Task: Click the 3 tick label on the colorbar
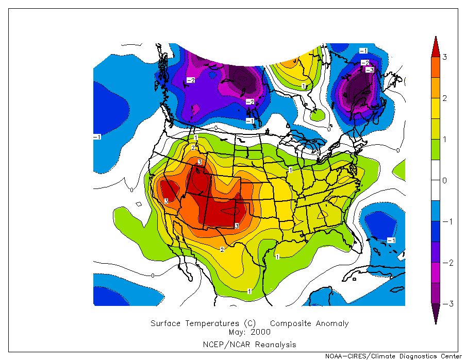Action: pos(444,57)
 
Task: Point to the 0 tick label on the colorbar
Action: pos(444,180)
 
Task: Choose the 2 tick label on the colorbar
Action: pos(444,98)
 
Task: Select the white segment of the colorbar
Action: pos(436,180)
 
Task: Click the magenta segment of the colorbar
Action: pos(436,273)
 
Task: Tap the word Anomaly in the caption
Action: pos(332,323)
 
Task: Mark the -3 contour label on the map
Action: pos(369,70)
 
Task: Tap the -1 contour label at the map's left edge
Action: pos(97,136)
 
